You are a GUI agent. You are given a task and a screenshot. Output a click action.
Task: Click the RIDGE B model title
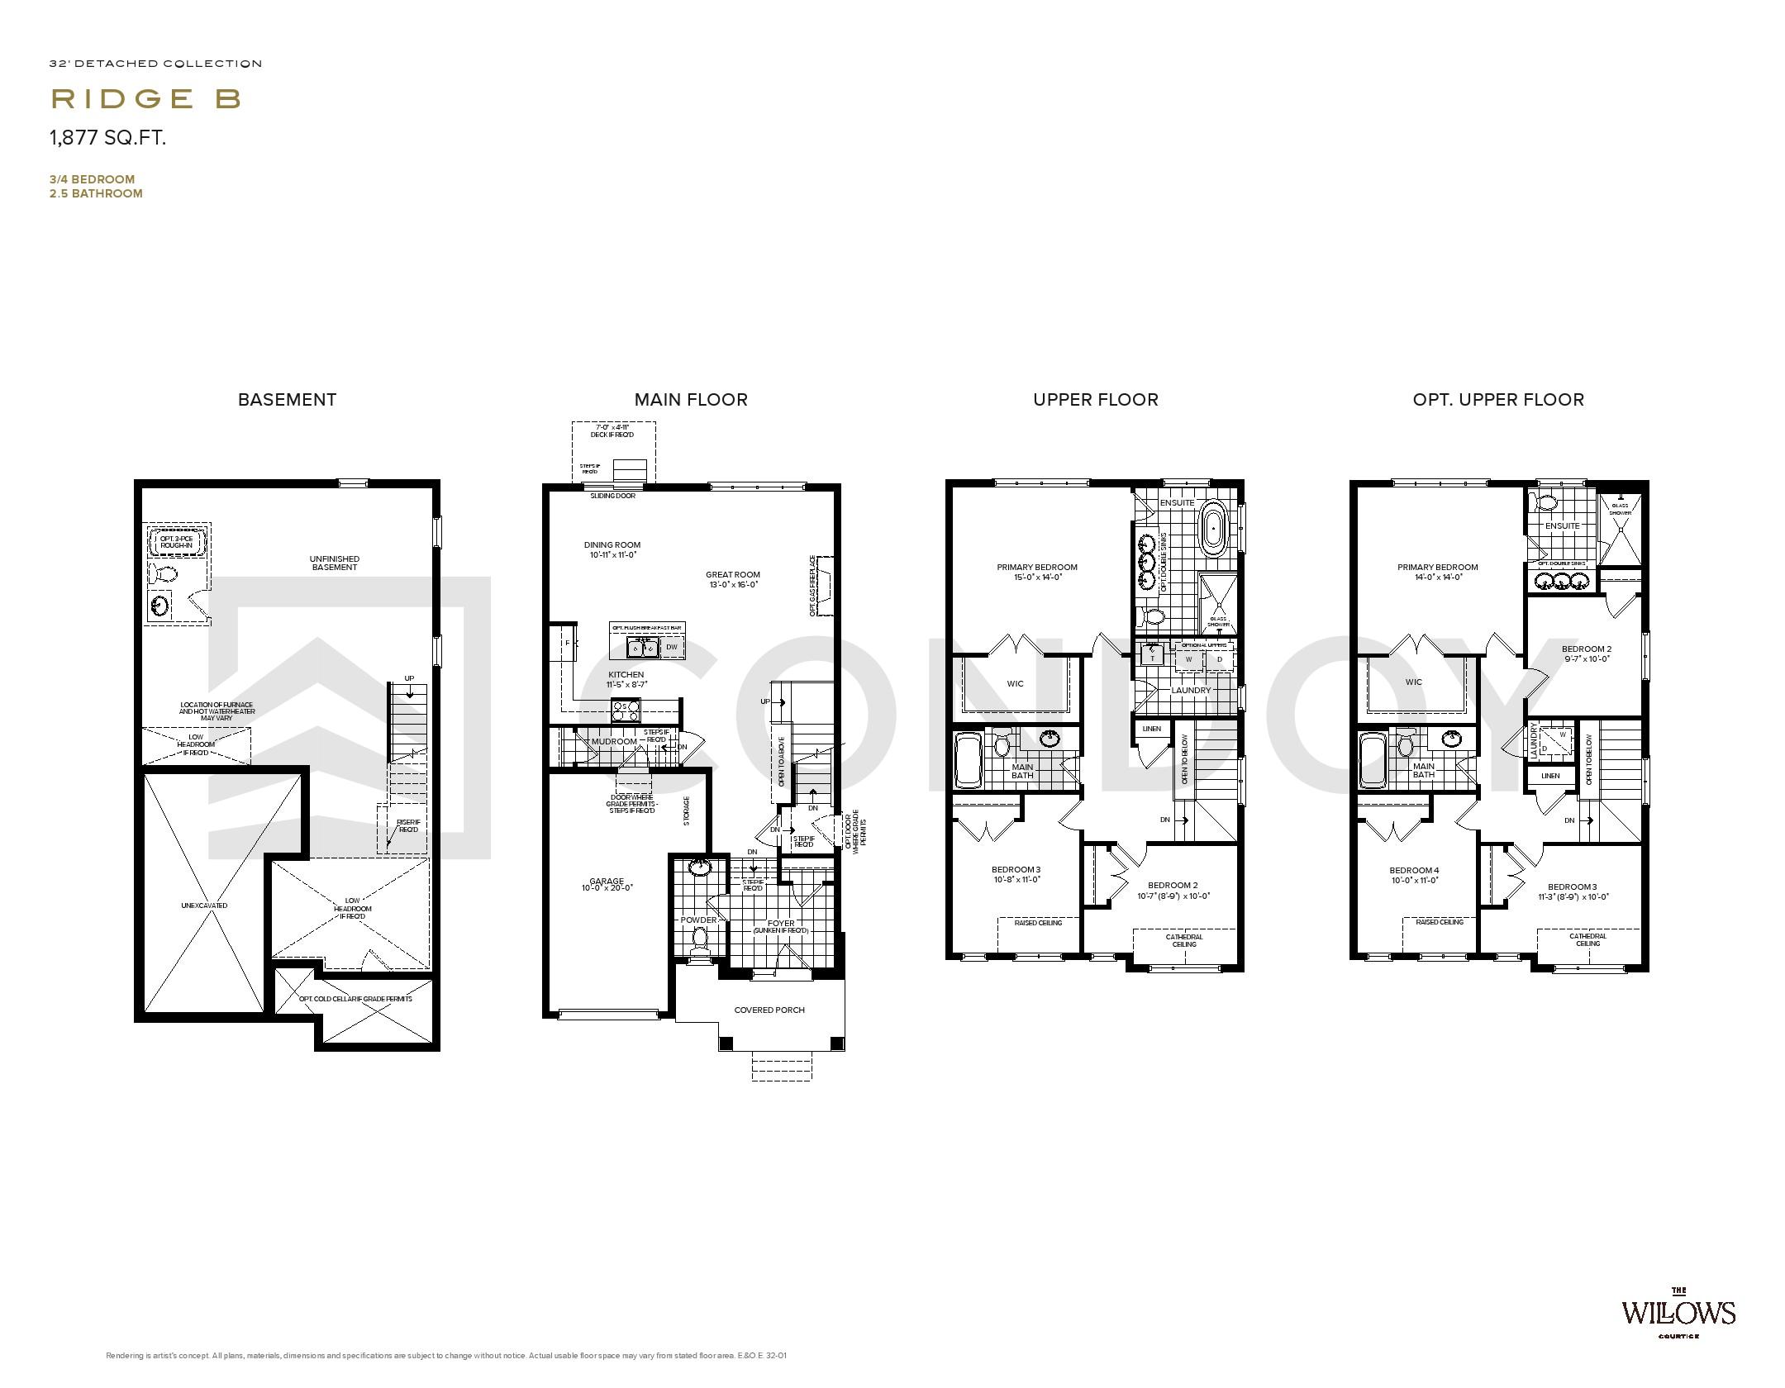pyautogui.click(x=146, y=99)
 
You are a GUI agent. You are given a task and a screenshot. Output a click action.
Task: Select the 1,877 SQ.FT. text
pyautogui.click(x=108, y=138)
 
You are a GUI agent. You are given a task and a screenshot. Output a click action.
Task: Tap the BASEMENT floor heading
pyautogui.click(x=287, y=400)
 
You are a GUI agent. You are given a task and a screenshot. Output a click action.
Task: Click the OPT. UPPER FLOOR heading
pyautogui.click(x=1497, y=400)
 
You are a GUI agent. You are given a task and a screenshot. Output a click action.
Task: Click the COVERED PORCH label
pyautogui.click(x=769, y=1010)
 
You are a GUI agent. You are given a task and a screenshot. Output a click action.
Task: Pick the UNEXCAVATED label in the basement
pyautogui.click(x=204, y=906)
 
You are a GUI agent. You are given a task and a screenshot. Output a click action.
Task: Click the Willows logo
pyautogui.click(x=1678, y=1335)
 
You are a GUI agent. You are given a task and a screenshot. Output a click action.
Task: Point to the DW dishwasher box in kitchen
pyautogui.click(x=672, y=647)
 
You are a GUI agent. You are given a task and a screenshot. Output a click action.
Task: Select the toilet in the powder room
pyautogui.click(x=700, y=938)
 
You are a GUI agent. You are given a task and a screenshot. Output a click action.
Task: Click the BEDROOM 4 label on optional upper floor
pyautogui.click(x=1414, y=871)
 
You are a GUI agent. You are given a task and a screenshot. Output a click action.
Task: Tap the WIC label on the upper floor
pyautogui.click(x=1015, y=683)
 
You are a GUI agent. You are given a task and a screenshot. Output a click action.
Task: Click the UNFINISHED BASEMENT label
pyautogui.click(x=335, y=563)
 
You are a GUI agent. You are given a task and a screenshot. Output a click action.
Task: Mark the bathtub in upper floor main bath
pyautogui.click(x=967, y=760)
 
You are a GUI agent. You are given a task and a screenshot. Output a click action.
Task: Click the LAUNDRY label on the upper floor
pyautogui.click(x=1191, y=690)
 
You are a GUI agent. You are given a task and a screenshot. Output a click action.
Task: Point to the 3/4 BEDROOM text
pyautogui.click(x=92, y=179)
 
